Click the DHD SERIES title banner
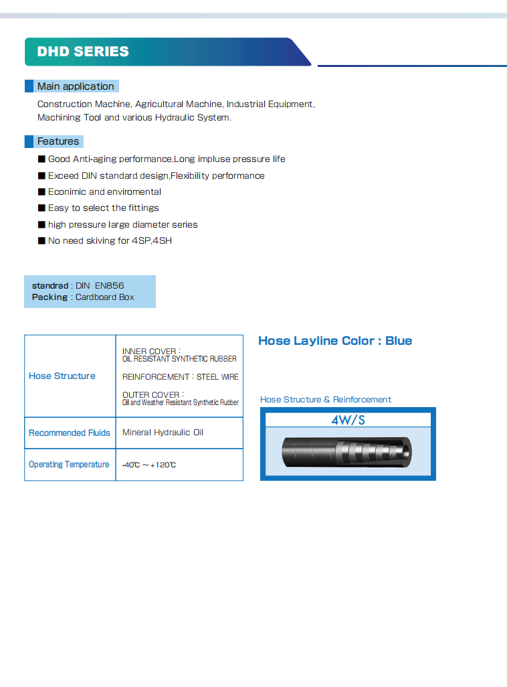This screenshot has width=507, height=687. tap(84, 52)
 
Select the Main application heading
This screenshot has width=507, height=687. tap(76, 86)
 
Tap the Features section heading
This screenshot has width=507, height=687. tap(58, 141)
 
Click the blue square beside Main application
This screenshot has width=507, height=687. tap(29, 86)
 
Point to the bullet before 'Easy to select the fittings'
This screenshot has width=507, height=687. tap(41, 208)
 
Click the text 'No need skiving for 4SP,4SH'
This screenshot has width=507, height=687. tap(110, 240)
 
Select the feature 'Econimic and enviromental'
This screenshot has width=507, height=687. tap(104, 192)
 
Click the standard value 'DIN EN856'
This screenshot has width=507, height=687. tap(100, 286)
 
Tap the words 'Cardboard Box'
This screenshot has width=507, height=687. tap(105, 297)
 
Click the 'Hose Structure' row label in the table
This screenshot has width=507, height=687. tap(62, 376)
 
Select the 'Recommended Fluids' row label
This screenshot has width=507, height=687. tap(70, 433)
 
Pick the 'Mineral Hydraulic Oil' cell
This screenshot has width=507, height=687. tap(163, 433)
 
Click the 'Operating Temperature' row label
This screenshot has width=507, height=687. tap(69, 465)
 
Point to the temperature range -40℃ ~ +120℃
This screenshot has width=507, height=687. tap(149, 465)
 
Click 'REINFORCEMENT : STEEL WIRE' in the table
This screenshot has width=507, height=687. tap(180, 377)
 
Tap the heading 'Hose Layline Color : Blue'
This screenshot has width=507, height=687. tap(335, 341)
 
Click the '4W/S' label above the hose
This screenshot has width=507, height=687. tap(348, 421)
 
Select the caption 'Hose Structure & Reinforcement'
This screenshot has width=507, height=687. tap(326, 400)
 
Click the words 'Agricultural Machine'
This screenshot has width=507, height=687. tap(179, 104)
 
